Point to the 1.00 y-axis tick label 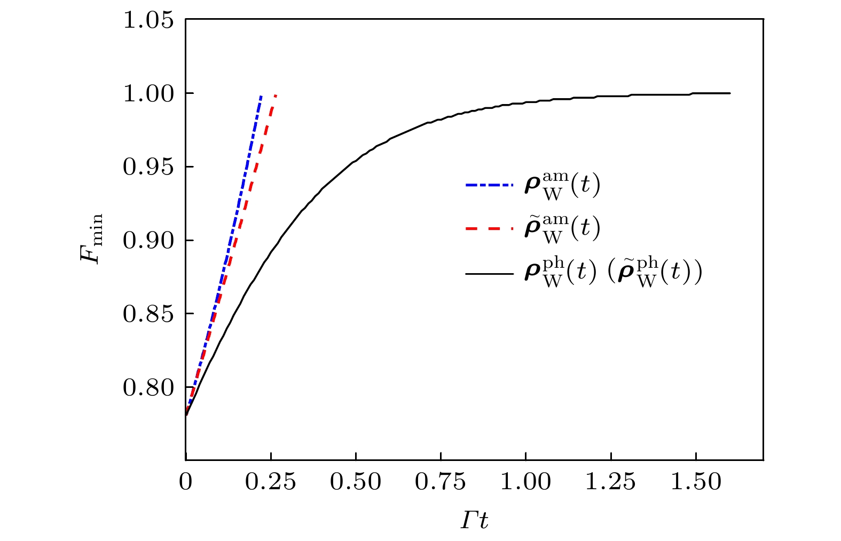point(148,94)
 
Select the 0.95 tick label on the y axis point(148,168)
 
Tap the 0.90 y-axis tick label point(148,241)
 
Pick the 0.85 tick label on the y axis point(148,314)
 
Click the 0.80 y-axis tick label point(148,388)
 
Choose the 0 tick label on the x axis point(186,482)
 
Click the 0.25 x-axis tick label point(271,482)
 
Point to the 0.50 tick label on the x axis point(356,482)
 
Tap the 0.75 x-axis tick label point(441,482)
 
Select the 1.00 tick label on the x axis point(525,482)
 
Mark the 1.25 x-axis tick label point(610,482)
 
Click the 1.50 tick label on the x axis point(695,482)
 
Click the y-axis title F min point(91,240)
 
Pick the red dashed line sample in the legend point(489,229)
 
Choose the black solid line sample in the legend point(489,274)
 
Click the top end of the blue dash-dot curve point(261,96)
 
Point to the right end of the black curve point(729,93)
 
